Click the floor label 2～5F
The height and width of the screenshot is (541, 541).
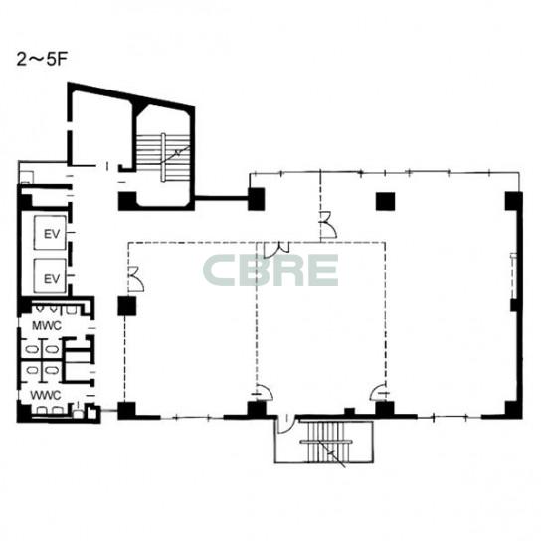[42, 60]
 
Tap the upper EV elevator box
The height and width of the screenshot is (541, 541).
[51, 233]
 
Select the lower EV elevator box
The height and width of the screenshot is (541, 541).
[51, 276]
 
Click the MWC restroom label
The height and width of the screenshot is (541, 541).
[47, 325]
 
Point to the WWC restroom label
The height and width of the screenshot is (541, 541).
[46, 395]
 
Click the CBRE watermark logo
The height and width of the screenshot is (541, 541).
[270, 270]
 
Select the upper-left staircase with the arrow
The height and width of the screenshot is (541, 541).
[163, 157]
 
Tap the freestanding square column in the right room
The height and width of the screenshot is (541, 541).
[385, 201]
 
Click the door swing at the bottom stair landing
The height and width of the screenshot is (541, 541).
[285, 424]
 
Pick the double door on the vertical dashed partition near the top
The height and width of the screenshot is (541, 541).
[328, 225]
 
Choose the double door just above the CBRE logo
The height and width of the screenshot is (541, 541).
[276, 250]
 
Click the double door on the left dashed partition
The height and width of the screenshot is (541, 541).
[136, 278]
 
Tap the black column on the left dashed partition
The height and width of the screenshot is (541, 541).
[127, 306]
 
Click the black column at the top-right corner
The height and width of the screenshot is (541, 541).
[514, 201]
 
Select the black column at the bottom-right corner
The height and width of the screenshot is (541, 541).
[514, 410]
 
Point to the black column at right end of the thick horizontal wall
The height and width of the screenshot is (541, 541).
[256, 199]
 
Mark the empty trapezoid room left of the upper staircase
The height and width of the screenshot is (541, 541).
[100, 129]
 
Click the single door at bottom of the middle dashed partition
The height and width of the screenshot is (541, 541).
[265, 393]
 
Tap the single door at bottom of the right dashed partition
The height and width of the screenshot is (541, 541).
[378, 393]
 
